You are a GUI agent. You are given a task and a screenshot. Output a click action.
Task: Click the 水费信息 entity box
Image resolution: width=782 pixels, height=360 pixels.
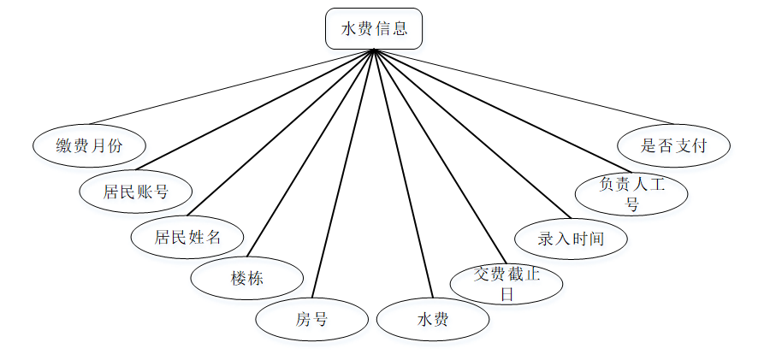(x=374, y=29)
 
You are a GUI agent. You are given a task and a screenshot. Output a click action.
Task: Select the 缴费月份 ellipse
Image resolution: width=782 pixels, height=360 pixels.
(x=89, y=145)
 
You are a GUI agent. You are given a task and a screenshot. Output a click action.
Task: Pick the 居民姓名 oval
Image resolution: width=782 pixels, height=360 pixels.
(x=187, y=237)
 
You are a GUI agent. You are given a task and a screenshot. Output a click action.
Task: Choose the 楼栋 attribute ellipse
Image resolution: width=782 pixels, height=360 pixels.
(x=246, y=279)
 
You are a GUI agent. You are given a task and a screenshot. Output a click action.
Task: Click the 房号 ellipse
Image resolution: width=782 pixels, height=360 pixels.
(x=311, y=320)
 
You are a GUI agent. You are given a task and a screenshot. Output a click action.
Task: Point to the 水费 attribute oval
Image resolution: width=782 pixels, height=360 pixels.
(x=433, y=320)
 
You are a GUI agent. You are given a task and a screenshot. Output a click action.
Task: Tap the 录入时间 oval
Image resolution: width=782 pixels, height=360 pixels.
(x=571, y=239)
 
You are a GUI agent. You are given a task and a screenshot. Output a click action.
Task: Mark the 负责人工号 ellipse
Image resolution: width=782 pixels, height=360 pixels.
(x=631, y=194)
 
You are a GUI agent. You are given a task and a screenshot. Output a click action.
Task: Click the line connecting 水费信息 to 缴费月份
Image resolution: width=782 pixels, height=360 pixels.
(x=231, y=87)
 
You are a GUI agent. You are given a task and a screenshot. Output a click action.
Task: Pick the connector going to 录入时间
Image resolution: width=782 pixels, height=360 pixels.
(x=471, y=133)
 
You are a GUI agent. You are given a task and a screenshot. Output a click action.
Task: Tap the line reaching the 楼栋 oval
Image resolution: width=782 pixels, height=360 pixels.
(x=311, y=154)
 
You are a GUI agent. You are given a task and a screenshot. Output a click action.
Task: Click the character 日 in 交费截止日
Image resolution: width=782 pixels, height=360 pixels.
(x=506, y=294)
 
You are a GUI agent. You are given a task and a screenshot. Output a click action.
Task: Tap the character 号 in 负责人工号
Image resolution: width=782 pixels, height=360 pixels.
(x=631, y=205)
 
